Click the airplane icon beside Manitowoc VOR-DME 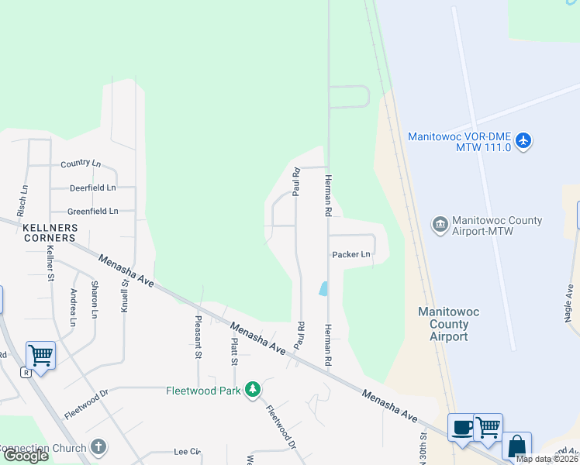[525, 141]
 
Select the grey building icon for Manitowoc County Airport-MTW [440, 226]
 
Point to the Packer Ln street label [350, 254]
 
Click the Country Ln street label [81, 164]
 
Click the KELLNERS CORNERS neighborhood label [50, 232]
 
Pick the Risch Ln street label [23, 200]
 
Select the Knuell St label [123, 294]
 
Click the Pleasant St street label [199, 336]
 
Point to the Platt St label [234, 350]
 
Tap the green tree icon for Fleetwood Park [252, 389]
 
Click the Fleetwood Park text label [203, 391]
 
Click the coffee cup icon [462, 427]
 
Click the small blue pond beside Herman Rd [323, 288]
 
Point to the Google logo [25, 456]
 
